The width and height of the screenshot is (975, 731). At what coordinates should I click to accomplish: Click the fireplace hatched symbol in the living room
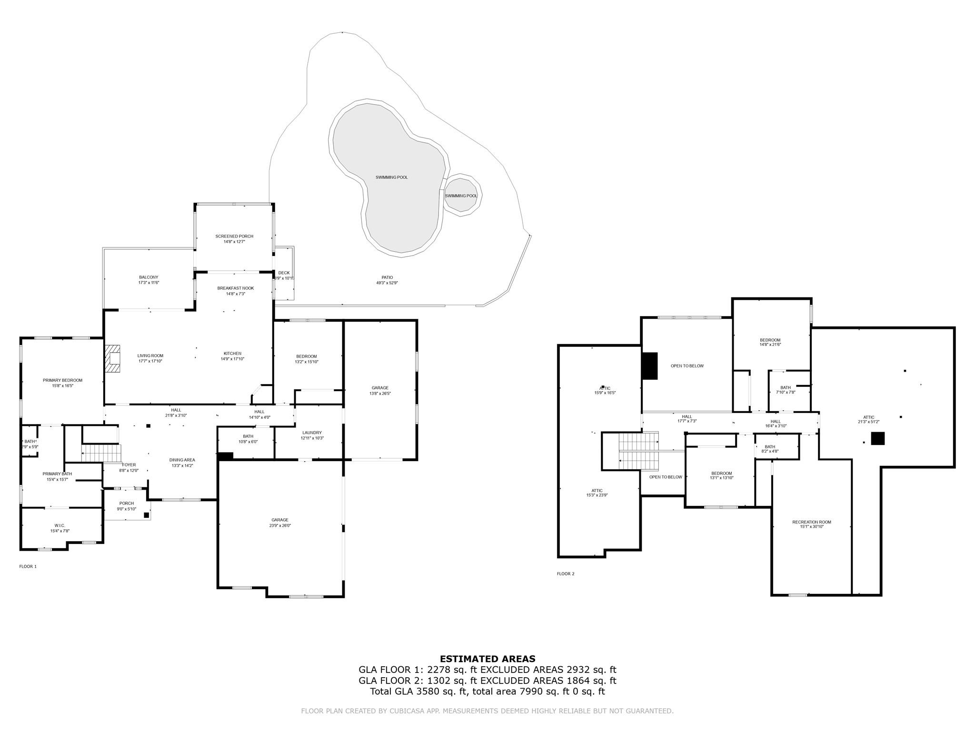pos(113,358)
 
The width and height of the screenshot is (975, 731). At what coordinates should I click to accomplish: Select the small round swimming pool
pos(461,196)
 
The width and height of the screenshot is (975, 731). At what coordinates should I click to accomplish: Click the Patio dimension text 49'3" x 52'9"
pos(387,283)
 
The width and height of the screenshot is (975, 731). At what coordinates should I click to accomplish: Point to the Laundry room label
pos(312,433)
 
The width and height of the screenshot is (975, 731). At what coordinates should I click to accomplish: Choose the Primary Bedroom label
pos(62,380)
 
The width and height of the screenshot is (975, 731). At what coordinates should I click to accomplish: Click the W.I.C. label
pos(60,525)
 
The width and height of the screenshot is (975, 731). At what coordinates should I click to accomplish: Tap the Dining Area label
pos(182,460)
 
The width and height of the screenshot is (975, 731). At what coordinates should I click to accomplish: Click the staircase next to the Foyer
pos(101,453)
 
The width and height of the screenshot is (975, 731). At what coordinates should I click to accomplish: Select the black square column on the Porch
pos(147,515)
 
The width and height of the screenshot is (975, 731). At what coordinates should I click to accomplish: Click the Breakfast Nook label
pos(236,288)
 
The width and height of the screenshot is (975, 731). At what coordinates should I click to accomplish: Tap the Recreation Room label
pos(812,522)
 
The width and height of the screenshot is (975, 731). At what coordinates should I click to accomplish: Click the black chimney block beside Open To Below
pos(650,366)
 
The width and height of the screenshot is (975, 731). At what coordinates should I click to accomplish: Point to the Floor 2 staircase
pos(638,450)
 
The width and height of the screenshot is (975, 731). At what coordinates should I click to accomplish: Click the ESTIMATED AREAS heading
pos(487,659)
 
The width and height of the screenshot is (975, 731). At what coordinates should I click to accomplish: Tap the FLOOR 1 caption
pos(28,566)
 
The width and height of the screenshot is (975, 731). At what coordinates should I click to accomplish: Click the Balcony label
pos(149,277)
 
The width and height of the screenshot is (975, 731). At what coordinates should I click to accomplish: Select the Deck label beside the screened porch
pos(284,273)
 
